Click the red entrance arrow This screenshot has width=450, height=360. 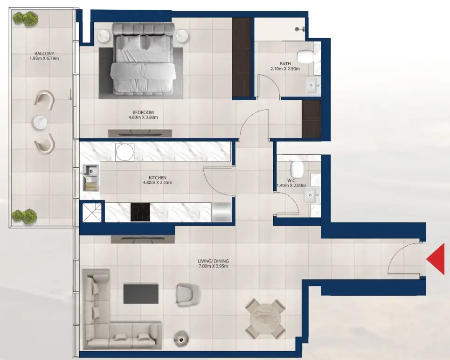click(x=436, y=259)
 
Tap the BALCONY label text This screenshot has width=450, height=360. click(x=44, y=54)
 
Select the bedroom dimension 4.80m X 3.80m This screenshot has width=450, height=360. click(x=143, y=118)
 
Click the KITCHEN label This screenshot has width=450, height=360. click(x=158, y=178)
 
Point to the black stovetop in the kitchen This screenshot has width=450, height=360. click(x=140, y=212)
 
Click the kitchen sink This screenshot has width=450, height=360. click(x=90, y=178)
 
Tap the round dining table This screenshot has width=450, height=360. click(x=265, y=318)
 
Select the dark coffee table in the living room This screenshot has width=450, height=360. click(x=141, y=294)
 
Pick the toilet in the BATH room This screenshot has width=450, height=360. click(x=305, y=56)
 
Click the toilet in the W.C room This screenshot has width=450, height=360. click(x=297, y=169)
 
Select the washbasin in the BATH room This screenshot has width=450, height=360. click(x=313, y=85)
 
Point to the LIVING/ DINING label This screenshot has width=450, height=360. click(x=213, y=261)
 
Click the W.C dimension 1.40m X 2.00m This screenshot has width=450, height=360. click(x=291, y=186)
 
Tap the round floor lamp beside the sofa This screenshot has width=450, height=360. click(x=181, y=339)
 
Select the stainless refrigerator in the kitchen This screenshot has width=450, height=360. click(x=221, y=212)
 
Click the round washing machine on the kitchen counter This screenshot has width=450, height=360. click(x=125, y=152)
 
